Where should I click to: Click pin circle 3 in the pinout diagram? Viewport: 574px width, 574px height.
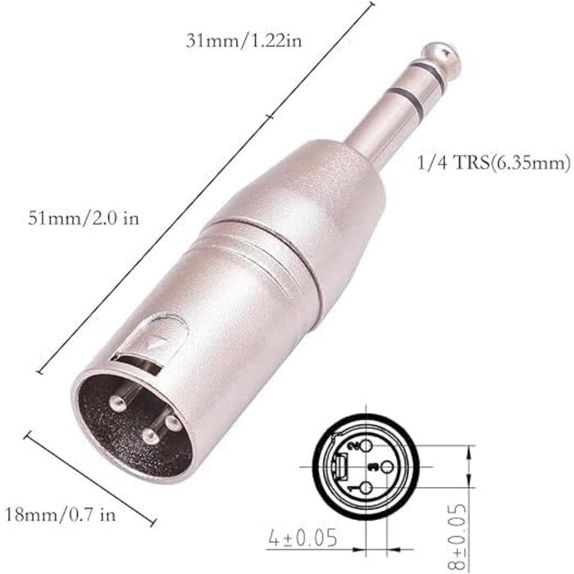pyautogui.click(x=373, y=466)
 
